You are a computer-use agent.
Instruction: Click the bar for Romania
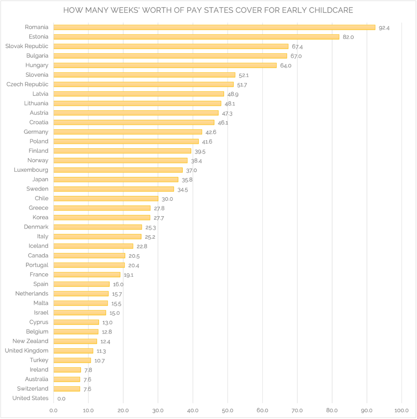214,28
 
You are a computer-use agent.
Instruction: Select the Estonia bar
196,37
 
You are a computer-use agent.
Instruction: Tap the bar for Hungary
165,65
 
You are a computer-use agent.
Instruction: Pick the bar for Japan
116,179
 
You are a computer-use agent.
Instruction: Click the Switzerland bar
67,389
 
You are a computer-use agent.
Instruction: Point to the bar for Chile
106,198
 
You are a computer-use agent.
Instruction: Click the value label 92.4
384,28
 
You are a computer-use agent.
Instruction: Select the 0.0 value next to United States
61,399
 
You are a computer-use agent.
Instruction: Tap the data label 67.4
297,47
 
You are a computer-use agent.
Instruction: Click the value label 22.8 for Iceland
142,246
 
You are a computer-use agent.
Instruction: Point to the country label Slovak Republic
27,46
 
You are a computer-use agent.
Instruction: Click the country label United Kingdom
26,350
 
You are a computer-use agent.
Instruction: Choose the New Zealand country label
30,341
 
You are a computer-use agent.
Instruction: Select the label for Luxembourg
30,170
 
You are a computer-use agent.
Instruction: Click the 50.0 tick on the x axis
228,410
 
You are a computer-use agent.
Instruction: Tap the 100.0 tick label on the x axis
401,410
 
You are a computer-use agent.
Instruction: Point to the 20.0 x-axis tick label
123,410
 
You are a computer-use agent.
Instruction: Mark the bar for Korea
102,218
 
